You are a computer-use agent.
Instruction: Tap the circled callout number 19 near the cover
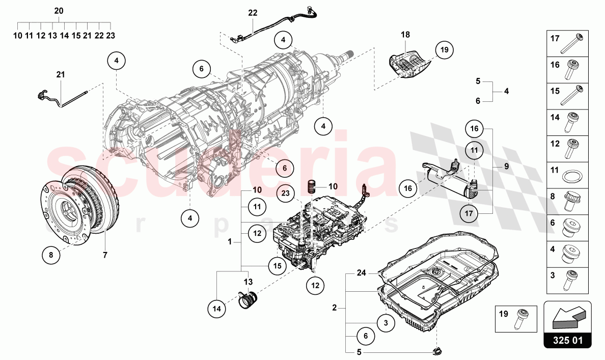[x=444, y=50]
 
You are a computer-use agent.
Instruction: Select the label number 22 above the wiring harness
[x=253, y=13]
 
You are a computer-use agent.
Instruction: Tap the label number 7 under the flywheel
[x=105, y=255]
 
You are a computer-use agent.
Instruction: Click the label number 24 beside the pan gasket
[x=361, y=273]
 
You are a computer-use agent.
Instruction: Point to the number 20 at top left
[x=59, y=11]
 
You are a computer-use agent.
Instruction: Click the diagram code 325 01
[x=567, y=340]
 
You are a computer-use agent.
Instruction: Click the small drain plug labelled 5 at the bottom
[x=436, y=350]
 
